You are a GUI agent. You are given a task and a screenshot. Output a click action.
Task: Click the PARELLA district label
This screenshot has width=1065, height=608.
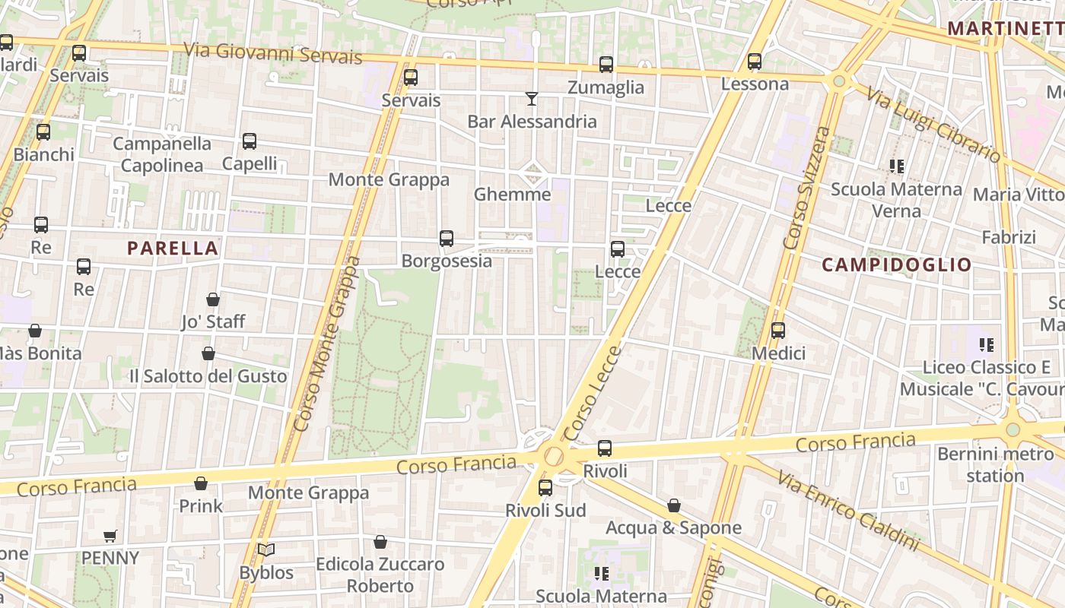coord(173,248)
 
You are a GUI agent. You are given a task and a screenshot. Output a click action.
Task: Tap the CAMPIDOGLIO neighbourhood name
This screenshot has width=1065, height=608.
coord(897,264)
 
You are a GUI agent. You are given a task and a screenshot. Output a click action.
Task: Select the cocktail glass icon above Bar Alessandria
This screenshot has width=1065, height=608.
coord(532,99)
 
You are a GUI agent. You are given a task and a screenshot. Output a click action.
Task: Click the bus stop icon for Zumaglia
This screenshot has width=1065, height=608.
coord(606,65)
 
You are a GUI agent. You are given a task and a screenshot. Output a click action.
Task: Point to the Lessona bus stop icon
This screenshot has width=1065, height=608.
coord(755,62)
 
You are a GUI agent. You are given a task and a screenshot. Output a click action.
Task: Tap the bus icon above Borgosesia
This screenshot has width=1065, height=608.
coord(447,239)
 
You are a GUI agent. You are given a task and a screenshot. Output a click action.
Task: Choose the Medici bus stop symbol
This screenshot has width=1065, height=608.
coord(778,331)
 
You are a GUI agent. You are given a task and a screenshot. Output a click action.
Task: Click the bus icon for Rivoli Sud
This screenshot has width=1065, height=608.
coord(545,488)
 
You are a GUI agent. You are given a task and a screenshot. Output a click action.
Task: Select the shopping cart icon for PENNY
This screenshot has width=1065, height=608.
coord(110,536)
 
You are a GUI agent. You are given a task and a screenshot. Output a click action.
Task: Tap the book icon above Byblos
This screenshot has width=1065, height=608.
coord(266,549)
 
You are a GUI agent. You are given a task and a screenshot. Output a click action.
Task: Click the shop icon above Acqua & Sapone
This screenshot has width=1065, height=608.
coord(674,505)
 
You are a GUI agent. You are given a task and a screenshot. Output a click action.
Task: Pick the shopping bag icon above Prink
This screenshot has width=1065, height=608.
coord(201,483)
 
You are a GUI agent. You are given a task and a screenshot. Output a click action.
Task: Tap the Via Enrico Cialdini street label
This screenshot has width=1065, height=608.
coord(847,507)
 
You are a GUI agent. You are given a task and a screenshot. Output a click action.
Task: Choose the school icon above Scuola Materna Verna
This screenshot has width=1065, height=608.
coord(897,166)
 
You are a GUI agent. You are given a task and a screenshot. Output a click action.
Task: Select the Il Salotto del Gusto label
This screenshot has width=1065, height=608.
coord(208,376)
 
